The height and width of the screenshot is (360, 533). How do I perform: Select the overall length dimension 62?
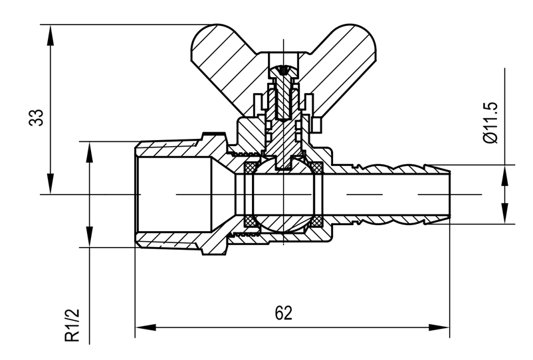click(x=283, y=313)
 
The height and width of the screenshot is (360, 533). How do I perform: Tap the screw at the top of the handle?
click(x=285, y=70)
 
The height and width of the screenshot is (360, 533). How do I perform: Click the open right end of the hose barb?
click(x=451, y=195)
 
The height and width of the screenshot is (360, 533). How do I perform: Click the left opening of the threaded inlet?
click(x=137, y=195)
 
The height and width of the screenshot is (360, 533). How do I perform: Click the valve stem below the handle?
click(x=285, y=133)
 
